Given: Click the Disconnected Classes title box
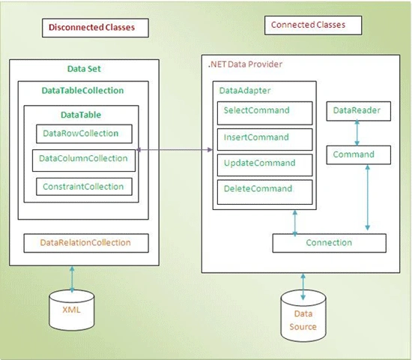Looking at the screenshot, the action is [95, 28].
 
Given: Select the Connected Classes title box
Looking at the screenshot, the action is [313, 25].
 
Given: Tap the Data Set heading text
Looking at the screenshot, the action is [84, 69].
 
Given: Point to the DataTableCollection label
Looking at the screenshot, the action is [82, 91].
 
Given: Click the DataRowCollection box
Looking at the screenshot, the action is [84, 133].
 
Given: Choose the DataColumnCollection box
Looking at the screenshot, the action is [84, 160].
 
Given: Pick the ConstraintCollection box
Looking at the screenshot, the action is [84, 187].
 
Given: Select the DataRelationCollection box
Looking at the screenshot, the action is [86, 243].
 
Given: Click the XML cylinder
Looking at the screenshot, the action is [72, 310].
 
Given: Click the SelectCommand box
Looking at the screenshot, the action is [265, 113].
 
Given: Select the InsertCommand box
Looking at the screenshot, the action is [265, 139].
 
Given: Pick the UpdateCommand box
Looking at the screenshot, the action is [265, 165].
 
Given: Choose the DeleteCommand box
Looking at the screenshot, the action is [265, 192].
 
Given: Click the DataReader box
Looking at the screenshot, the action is [358, 111].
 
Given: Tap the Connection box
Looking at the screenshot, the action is [330, 243].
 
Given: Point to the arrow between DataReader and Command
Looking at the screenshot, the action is [357, 133].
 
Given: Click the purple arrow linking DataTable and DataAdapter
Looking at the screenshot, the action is [175, 150].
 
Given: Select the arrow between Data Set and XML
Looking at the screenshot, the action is [72, 279].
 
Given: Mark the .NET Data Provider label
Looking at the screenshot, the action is [245, 64].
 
